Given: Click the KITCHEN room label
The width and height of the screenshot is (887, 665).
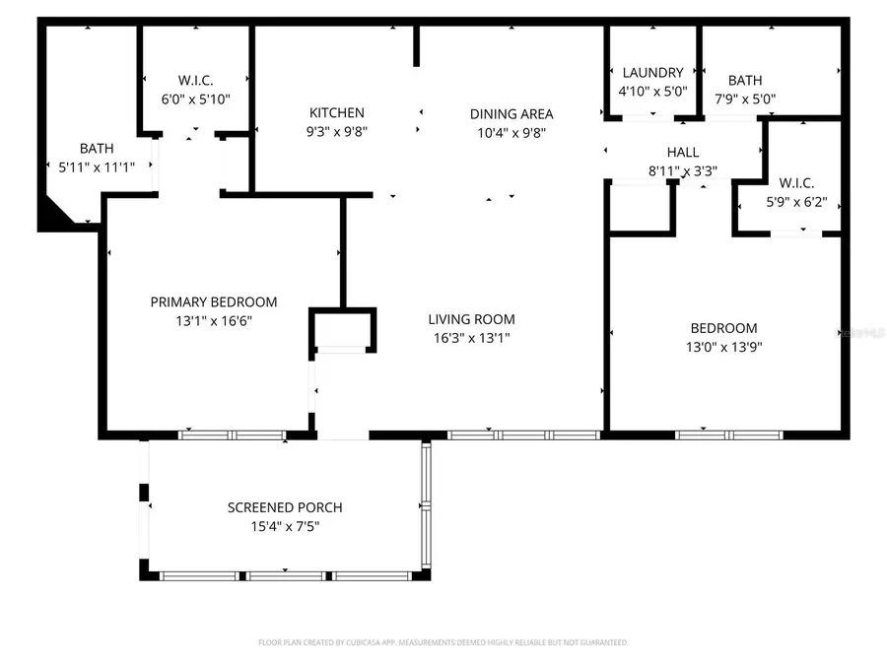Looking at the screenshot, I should tap(337, 113).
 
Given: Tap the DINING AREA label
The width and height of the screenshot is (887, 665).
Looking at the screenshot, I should tap(511, 113).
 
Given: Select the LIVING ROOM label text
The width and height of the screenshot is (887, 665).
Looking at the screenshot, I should tap(471, 319).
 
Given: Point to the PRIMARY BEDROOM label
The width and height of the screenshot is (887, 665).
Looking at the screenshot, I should tap(213, 302).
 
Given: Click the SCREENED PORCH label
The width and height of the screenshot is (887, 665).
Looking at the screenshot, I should tap(285, 507).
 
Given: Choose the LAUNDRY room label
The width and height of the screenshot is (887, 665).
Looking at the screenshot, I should tap(652, 73).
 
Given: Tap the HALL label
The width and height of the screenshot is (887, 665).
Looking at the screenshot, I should tap(682, 153).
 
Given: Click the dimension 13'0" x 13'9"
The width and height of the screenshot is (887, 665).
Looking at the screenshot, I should tap(723, 347).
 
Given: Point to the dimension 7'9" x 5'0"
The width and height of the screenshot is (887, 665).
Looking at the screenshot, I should tap(744, 99).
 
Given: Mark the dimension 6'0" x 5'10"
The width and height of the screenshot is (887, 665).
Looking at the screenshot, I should tap(195, 99).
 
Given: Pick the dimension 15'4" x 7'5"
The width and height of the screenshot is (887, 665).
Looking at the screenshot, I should tap(285, 527).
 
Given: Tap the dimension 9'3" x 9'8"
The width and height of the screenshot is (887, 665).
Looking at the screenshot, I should tap(337, 131).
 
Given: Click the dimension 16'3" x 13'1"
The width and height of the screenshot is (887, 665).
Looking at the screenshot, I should tap(471, 338).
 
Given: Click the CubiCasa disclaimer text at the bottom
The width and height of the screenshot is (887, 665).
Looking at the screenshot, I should tap(443, 642).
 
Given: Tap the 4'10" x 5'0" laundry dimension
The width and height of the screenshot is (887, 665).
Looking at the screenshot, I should tap(652, 92).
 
